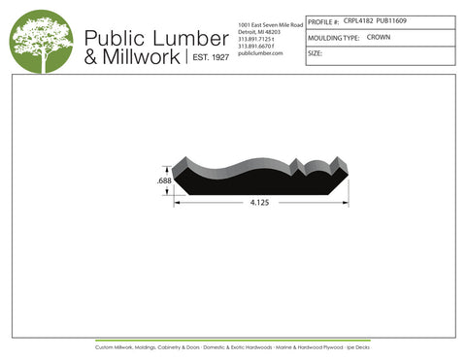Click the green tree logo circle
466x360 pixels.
pyautogui.click(x=41, y=42)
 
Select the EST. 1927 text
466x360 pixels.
pyautogui.click(x=209, y=58)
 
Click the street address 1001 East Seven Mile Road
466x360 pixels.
pyautogui.click(x=270, y=23)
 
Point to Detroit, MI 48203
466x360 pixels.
pyautogui.click(x=259, y=31)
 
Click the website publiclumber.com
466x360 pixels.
pyautogui.click(x=260, y=53)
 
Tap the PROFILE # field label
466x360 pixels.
pyautogui.click(x=323, y=20)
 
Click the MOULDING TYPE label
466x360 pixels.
pyautogui.click(x=333, y=38)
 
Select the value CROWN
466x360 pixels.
pyautogui.click(x=379, y=37)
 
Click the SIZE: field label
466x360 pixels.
pyautogui.click(x=315, y=53)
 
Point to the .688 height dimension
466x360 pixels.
pyautogui.click(x=164, y=181)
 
